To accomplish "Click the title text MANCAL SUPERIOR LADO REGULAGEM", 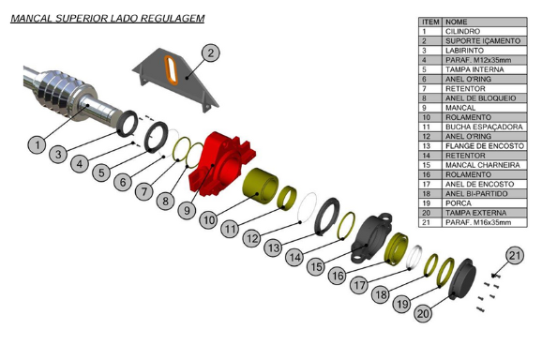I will [x=107, y=18].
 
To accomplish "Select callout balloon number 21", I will [x=515, y=255].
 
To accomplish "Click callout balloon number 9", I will [x=187, y=211].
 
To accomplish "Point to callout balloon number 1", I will [x=36, y=144].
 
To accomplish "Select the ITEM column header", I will [x=430, y=22].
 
